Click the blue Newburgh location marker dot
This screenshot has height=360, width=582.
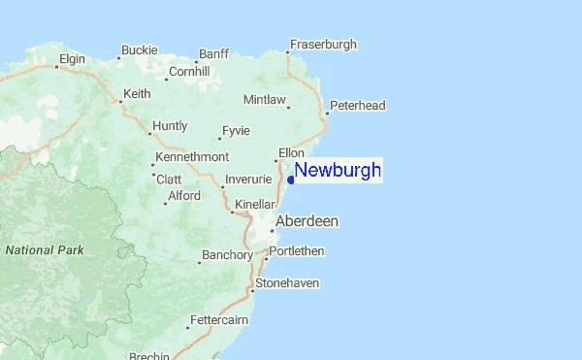tap(292, 180)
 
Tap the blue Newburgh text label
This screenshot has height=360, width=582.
tap(338, 171)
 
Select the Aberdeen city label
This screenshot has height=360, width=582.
tap(307, 221)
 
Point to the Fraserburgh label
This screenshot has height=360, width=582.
tap(325, 45)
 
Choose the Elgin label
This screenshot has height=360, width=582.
tap(72, 59)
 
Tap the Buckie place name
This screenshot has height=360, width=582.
tap(139, 49)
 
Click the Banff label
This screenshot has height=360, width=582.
tap(213, 53)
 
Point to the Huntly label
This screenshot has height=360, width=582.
tap(170, 126)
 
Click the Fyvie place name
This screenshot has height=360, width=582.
tap(236, 131)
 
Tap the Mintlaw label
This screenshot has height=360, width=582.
tap(265, 100)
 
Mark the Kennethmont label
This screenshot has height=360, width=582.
tap(193, 157)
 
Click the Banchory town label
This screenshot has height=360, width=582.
tap(227, 256)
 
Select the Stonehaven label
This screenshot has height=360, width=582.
tap(286, 283)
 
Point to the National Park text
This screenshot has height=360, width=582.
tap(45, 250)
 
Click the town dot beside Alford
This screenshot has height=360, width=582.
tap(164, 203)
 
